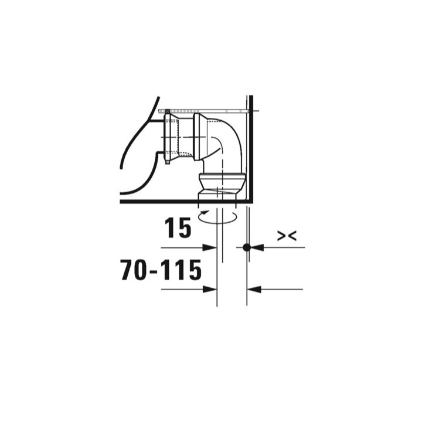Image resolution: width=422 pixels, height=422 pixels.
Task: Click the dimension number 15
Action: pyautogui.click(x=178, y=229)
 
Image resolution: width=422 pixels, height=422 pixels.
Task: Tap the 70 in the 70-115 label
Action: pyautogui.click(x=134, y=270)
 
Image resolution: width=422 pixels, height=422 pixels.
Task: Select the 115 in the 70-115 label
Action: pyautogui.click(x=179, y=270)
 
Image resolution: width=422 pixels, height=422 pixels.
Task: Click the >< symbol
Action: pyautogui.click(x=287, y=236)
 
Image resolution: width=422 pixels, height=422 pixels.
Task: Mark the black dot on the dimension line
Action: pyautogui.click(x=247, y=247)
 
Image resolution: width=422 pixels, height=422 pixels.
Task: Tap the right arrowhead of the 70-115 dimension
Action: pyautogui.click(x=253, y=289)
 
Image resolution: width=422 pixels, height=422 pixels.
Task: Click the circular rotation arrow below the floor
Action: pyautogui.click(x=218, y=216)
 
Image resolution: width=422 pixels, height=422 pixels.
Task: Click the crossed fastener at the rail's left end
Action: pyautogui.click(x=168, y=111)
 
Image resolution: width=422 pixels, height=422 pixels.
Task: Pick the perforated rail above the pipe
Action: pyautogui.click(x=205, y=111)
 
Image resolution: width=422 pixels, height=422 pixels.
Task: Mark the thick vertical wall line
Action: pyautogui.click(x=250, y=147)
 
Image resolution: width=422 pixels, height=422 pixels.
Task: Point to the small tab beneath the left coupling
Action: pyautogui.click(x=168, y=162)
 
